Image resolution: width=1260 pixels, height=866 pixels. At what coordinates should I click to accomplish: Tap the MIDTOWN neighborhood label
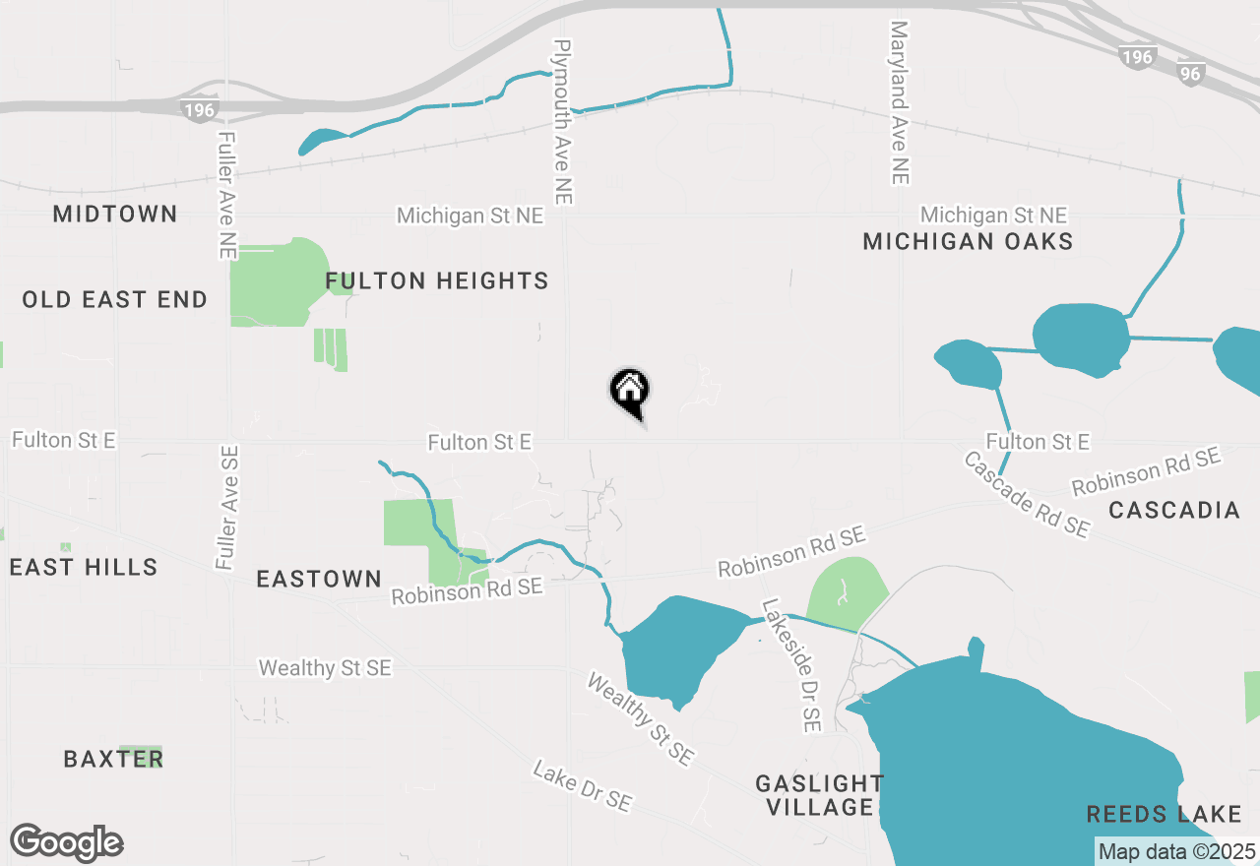115,214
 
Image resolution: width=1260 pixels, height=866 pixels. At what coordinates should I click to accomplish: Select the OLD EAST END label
115,299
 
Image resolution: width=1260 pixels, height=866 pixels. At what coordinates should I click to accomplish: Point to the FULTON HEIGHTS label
437,281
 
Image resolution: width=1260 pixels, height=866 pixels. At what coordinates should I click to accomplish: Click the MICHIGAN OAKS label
968,241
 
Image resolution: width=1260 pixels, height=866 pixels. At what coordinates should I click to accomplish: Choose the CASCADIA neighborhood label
1174,510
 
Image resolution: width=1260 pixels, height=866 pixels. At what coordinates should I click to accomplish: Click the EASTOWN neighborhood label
319,579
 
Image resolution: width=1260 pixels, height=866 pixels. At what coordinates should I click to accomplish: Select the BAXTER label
112,759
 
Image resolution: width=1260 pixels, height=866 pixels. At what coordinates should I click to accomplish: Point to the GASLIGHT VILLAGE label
819,795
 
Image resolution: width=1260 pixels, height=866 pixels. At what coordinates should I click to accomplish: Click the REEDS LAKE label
1165,814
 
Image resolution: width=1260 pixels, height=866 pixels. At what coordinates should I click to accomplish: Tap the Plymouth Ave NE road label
562,122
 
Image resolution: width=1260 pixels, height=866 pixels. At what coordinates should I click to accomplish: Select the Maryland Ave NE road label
898,102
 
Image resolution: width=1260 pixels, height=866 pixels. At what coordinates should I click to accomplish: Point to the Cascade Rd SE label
1027,495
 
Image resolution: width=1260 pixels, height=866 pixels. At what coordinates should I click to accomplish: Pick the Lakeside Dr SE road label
790,665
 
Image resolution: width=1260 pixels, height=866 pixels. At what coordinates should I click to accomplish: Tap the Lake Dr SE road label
582,785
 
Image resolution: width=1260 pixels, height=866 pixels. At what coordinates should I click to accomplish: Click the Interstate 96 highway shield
1190,73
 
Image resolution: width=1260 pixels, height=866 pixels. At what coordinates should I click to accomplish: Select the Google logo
67,842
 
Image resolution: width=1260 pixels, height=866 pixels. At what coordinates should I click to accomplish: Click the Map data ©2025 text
1176,851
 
